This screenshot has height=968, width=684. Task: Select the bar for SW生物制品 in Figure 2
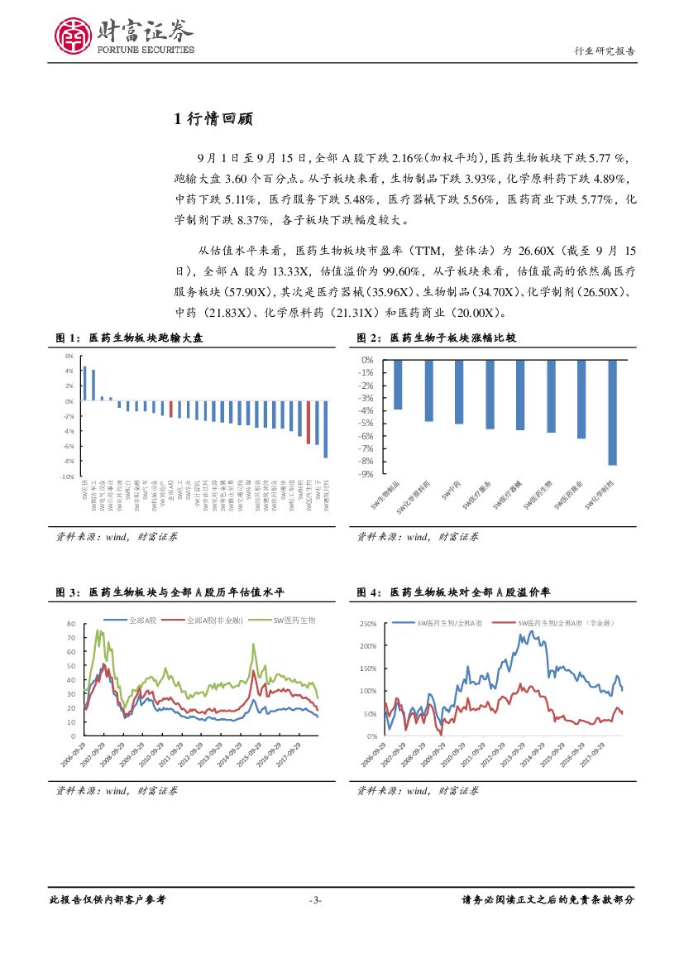[x=398, y=385]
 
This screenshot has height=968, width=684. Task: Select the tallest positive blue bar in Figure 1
[x=84, y=384]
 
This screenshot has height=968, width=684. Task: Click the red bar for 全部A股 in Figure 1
[x=171, y=409]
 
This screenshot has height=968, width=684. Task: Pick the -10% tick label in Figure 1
[x=66, y=477]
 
